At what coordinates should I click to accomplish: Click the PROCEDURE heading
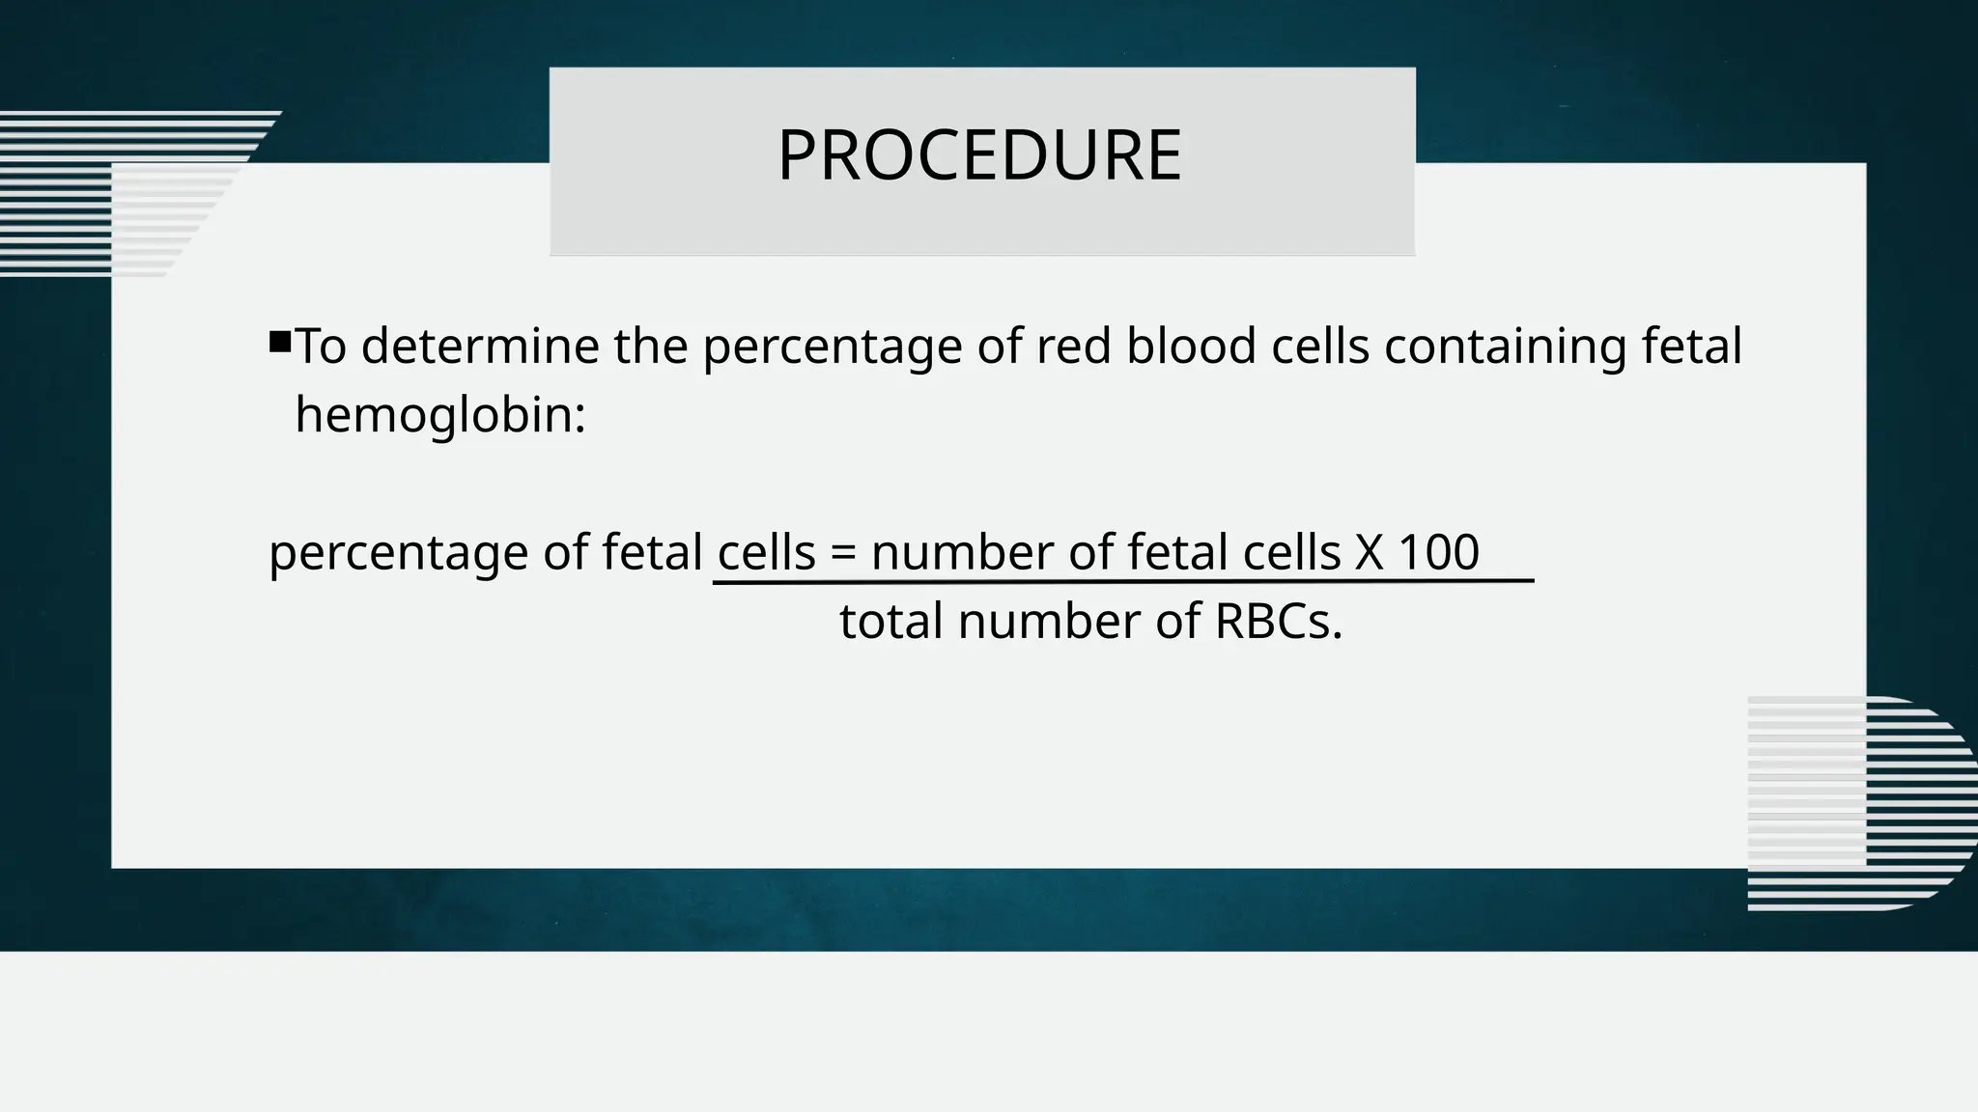click(x=979, y=155)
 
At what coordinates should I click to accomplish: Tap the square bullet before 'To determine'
click(x=280, y=342)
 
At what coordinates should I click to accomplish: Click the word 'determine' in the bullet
click(x=479, y=347)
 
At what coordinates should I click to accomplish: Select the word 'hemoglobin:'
click(x=440, y=416)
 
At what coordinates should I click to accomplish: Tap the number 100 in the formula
click(x=1438, y=553)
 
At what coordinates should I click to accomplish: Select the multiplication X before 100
click(x=1369, y=553)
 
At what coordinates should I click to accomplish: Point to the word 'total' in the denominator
click(x=890, y=621)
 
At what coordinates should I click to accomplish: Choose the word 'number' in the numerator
click(x=962, y=553)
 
